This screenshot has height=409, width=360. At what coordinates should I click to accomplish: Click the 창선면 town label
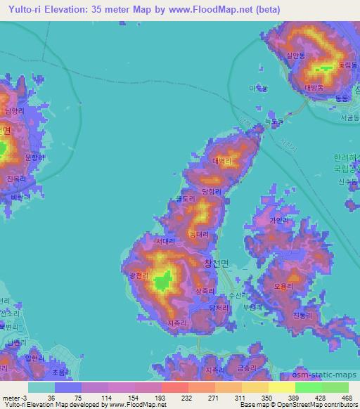click(x=217, y=264)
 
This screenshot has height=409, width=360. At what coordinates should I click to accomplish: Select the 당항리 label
click(x=211, y=190)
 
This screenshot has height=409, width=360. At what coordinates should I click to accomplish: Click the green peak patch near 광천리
click(x=165, y=281)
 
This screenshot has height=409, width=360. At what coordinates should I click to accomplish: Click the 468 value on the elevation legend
click(x=345, y=397)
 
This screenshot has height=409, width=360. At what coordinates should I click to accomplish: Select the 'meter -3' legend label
click(x=14, y=397)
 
